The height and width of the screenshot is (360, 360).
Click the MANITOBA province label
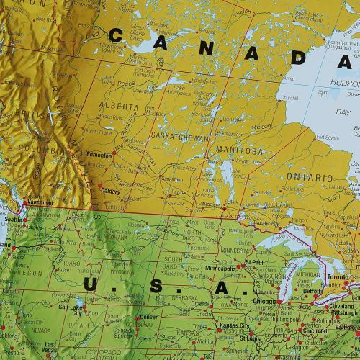tap(238, 150)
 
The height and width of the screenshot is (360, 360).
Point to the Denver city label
tap(148, 317)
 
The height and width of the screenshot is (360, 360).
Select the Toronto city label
tap(339, 276)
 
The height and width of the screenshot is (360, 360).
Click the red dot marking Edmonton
tap(113, 153)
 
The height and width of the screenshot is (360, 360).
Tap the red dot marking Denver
tap(138, 317)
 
